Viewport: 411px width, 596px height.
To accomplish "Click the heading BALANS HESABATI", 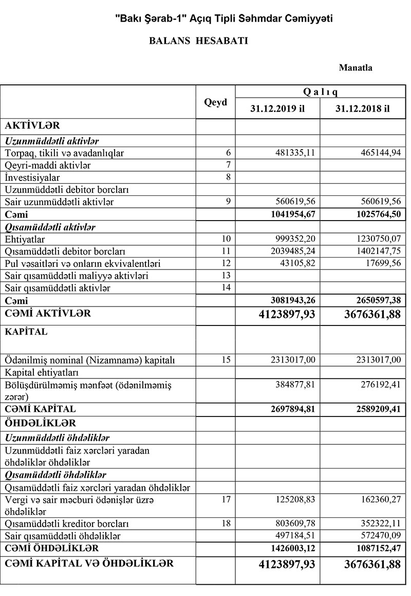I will coord(198,41).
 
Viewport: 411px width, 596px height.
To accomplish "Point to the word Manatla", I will coord(356,67).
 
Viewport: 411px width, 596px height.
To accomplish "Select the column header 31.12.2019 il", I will coord(277,109).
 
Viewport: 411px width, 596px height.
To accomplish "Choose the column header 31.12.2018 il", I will coord(362,109).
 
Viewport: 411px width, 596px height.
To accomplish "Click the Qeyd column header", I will coord(215,102).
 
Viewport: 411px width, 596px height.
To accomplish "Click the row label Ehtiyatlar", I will coord(25,239).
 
